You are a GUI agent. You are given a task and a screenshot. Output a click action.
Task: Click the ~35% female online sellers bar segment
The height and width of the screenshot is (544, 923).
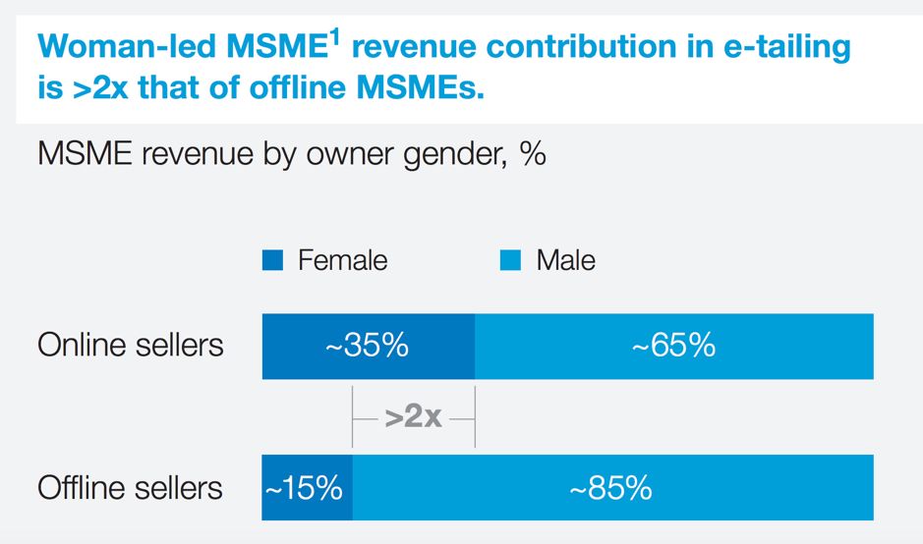coord(368,346)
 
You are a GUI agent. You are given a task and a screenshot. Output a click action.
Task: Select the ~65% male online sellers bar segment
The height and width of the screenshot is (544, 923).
coord(673,346)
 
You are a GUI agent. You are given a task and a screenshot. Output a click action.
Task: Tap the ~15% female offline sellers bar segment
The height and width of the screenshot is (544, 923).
coord(307,487)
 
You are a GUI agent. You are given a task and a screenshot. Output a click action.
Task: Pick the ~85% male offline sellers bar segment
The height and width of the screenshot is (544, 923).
coord(611,487)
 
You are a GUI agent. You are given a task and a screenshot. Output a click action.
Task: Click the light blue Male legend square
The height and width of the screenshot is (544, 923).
coord(510,260)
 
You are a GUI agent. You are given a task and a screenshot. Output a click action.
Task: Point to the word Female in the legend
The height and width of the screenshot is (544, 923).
coord(342,260)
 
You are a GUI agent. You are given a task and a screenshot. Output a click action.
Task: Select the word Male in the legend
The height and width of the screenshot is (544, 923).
coord(565,260)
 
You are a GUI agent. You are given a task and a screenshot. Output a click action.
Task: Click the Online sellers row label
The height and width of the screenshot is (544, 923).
coord(131,346)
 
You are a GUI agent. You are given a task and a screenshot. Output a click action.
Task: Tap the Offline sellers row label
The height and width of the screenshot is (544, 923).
coord(131,488)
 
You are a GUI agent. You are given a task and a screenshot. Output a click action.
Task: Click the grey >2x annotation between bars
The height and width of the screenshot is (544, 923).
coord(413,417)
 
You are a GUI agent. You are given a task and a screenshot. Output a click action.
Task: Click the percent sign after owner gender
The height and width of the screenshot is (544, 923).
coord(534,155)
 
